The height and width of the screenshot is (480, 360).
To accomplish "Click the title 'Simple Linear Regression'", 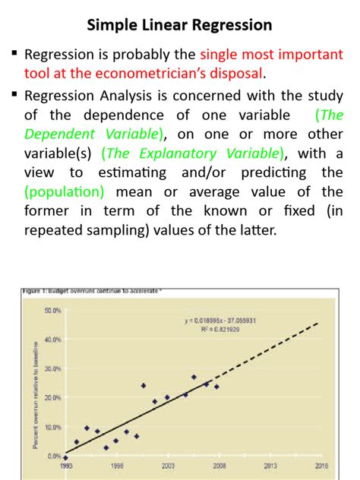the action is point(179,25).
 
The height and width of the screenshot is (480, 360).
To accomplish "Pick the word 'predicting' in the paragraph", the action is point(264,173).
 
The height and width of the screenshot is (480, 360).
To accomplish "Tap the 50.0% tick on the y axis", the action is point(53,311).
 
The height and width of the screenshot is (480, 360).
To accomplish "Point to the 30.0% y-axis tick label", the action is point(53,368).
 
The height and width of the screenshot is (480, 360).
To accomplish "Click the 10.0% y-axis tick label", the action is point(53,427).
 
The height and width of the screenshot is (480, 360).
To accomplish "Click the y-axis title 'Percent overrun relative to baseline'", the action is point(36,384).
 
